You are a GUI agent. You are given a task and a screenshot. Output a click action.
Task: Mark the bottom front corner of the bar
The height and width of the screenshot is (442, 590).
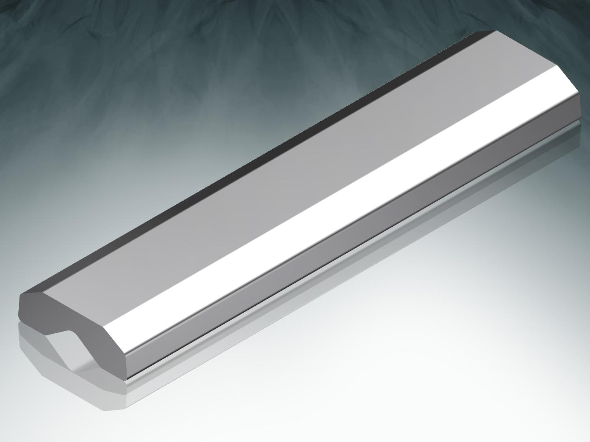pyautogui.click(x=127, y=379)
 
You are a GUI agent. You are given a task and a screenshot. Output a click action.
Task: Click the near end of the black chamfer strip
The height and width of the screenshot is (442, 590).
pyautogui.click(x=32, y=290)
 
